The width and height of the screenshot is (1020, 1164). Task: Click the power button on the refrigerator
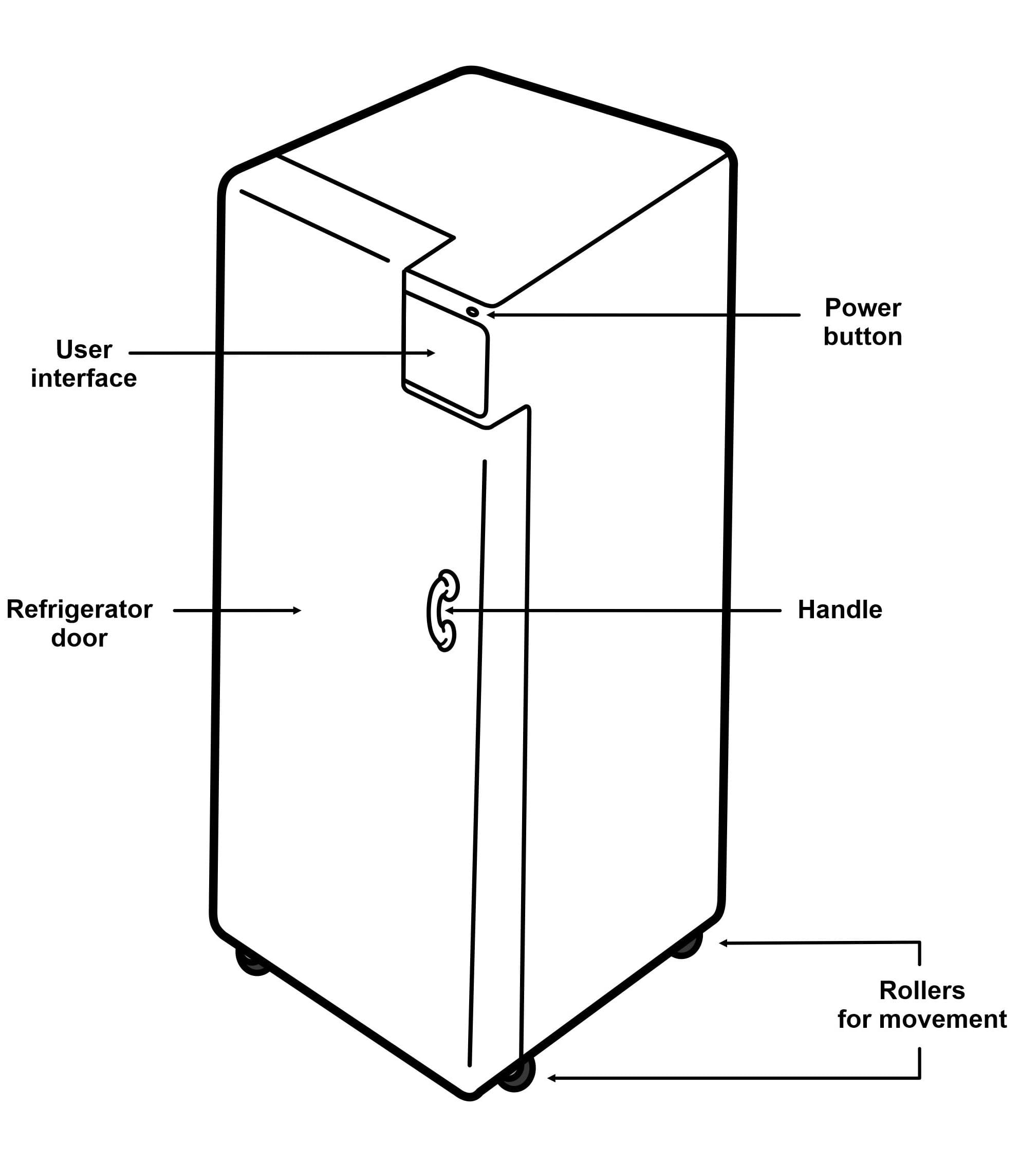[472, 311]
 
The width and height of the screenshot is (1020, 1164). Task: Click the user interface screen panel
[446, 354]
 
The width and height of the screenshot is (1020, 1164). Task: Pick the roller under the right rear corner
[687, 946]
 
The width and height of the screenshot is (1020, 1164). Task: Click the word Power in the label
[862, 308]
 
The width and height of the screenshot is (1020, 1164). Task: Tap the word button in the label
[862, 337]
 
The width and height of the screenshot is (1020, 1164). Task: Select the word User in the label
[84, 349]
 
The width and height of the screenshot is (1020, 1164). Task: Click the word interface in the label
[84, 378]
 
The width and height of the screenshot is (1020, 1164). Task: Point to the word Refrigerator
[79, 609]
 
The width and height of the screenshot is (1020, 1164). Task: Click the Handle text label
[840, 609]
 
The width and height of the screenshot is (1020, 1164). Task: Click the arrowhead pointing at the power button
[491, 314]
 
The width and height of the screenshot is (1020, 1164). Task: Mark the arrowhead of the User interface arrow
[431, 353]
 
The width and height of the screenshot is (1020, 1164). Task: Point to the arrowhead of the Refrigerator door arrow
[296, 611]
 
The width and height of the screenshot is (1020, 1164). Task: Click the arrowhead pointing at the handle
[449, 611]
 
